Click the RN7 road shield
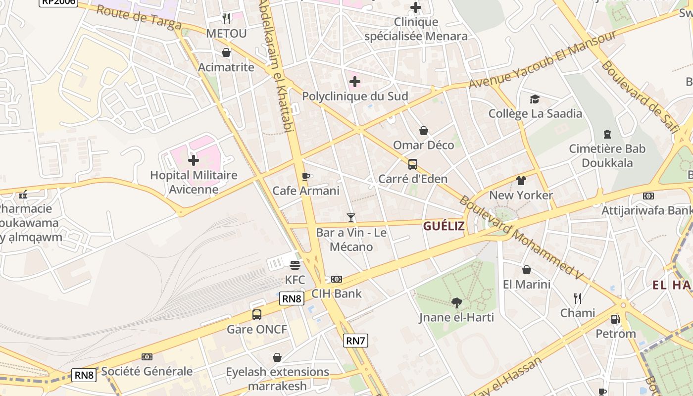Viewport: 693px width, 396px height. coord(355,340)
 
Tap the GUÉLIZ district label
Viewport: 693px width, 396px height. coord(444,226)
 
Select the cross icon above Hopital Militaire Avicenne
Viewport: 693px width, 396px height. coord(194,160)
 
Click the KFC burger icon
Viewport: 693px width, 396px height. coord(295,265)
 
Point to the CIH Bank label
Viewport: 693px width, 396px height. coord(337,294)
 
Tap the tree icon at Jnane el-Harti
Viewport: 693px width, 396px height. coord(457,302)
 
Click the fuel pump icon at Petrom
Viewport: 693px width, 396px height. coord(615,319)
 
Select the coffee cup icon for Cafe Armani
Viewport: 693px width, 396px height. coord(306,176)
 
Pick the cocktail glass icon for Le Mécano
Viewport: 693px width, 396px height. coord(351,217)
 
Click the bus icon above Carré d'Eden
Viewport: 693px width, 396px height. coord(413,164)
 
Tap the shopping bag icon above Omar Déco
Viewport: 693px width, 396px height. coord(424,131)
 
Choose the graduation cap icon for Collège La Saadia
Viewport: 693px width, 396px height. coord(535,99)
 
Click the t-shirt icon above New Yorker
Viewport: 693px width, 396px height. coord(521,181)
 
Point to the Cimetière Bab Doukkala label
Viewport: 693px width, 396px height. coord(607,155)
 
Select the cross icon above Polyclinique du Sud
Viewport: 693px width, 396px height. coord(355,82)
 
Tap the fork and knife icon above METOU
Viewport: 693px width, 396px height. coord(226,19)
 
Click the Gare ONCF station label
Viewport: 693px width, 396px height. coord(257,329)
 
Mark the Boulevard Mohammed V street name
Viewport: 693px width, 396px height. coord(521,238)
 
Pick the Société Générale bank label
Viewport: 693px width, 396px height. coord(147,371)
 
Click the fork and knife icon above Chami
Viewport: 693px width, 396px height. coord(578,298)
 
